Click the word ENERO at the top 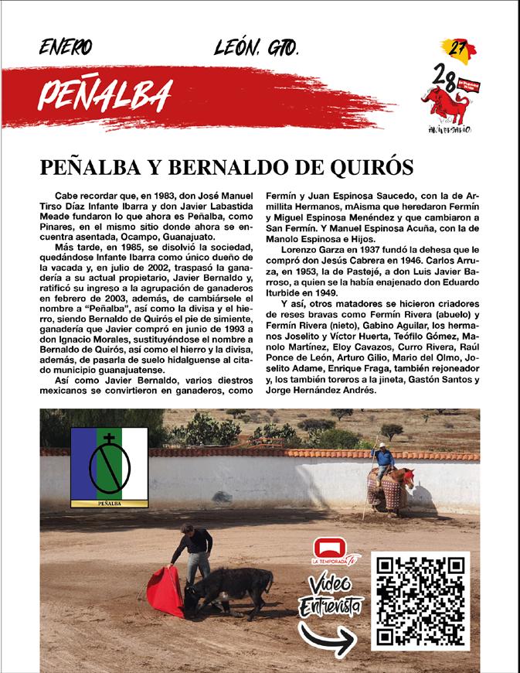(65, 50)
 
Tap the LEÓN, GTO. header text (256, 50)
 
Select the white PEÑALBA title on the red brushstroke (104, 95)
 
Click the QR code (420, 600)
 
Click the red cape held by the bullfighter (165, 591)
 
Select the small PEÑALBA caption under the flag (109, 502)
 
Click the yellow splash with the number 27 (457, 50)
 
